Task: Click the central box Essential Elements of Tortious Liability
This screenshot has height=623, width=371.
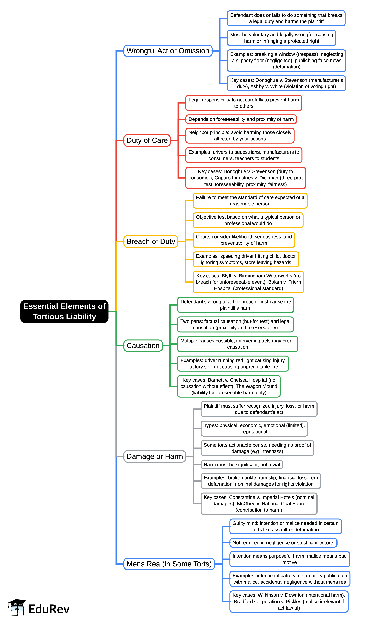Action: (64, 311)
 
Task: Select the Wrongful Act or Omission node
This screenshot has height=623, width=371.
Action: (168, 51)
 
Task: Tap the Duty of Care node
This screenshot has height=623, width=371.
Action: (147, 140)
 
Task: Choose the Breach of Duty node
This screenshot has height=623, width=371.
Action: (151, 241)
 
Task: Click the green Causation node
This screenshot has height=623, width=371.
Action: (143, 345)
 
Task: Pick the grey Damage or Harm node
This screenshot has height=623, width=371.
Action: (155, 456)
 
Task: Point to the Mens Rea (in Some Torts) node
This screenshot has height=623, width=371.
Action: (169, 564)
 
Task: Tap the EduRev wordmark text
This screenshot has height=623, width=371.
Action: (49, 609)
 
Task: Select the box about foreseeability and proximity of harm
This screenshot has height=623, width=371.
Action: (241, 119)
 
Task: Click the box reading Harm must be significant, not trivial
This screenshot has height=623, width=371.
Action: (242, 465)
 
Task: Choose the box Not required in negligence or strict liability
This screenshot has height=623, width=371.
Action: (283, 543)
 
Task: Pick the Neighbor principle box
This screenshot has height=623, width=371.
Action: (240, 136)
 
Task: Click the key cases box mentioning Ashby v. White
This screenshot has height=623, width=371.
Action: (286, 83)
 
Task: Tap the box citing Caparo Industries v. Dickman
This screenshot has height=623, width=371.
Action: (245, 178)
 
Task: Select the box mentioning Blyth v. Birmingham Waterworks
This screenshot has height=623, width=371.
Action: (248, 282)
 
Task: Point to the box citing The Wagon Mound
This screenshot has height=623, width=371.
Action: (229, 386)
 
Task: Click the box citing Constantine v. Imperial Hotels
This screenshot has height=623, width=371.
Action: (259, 504)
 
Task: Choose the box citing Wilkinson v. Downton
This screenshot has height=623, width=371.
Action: (289, 602)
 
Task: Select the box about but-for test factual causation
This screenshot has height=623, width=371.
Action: (235, 325)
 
